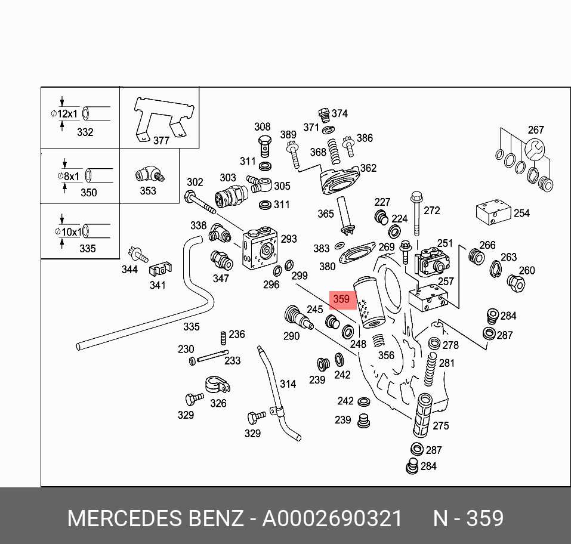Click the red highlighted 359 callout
tap(341, 299)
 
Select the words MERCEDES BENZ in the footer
tap(155, 518)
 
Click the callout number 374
tap(339, 113)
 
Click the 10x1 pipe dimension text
tap(67, 231)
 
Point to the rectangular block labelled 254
tap(493, 212)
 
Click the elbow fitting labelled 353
tap(147, 174)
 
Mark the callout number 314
tap(288, 384)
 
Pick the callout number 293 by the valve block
tap(289, 239)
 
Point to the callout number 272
tap(431, 210)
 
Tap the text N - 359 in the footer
tap(469, 518)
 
